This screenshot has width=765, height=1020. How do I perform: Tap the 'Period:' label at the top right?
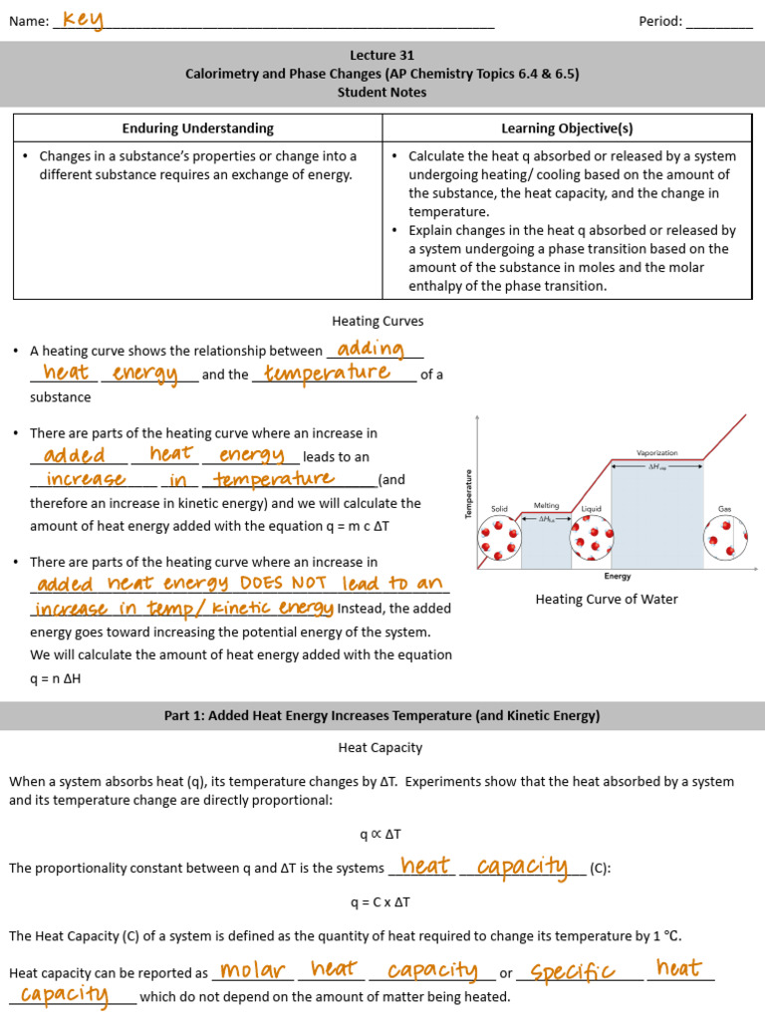click(x=660, y=22)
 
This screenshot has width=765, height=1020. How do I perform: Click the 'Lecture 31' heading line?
click(x=382, y=56)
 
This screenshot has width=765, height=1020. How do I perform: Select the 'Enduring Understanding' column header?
click(x=197, y=128)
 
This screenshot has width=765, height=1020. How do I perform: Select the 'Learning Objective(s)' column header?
click(x=567, y=128)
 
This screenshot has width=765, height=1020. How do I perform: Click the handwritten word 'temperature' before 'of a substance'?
click(x=327, y=373)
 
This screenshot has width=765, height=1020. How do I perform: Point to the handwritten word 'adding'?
click(x=371, y=349)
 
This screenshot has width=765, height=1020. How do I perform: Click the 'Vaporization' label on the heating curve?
click(x=656, y=453)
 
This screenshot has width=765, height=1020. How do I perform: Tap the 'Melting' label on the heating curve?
click(x=546, y=506)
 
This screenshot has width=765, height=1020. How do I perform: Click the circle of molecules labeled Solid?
click(x=498, y=538)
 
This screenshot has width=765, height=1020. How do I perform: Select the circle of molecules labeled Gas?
click(x=724, y=538)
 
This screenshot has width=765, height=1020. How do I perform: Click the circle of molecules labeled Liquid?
click(x=591, y=538)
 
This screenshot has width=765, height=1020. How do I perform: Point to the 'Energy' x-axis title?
click(x=618, y=577)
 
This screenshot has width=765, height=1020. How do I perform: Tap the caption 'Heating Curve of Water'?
click(x=607, y=600)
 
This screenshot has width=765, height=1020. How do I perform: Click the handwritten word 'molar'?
click(x=252, y=970)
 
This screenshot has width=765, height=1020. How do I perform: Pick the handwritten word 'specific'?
click(x=573, y=971)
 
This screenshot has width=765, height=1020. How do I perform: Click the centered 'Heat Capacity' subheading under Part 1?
click(x=381, y=747)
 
